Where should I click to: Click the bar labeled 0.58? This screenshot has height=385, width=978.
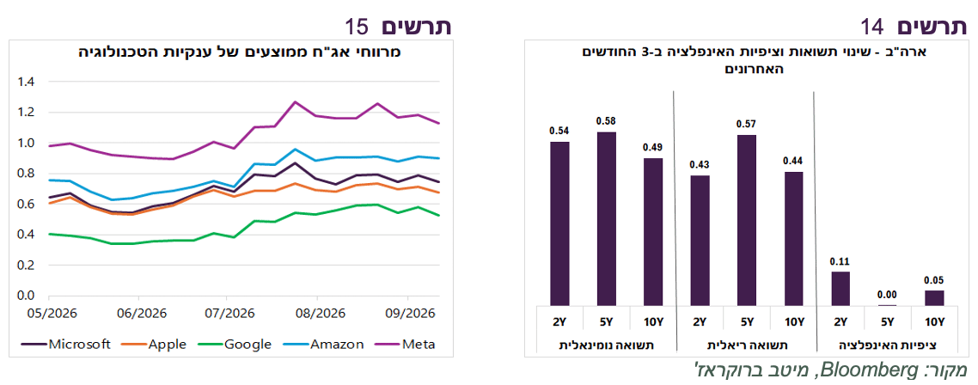pos(606,219)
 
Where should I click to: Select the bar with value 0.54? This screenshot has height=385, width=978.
pos(559,224)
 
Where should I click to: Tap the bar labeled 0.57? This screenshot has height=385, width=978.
pos(747,220)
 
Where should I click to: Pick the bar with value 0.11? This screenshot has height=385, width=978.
pos(840,288)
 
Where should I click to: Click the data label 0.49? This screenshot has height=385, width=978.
pos(653,148)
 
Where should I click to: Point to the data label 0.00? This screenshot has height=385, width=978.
pos(887,295)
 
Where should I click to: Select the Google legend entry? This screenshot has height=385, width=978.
pos(234,344)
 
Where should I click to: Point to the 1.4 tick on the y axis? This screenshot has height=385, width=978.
pos(26,82)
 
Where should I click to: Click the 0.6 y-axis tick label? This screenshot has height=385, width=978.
pos(26,204)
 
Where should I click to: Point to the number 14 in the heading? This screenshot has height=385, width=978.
pos(873,27)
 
